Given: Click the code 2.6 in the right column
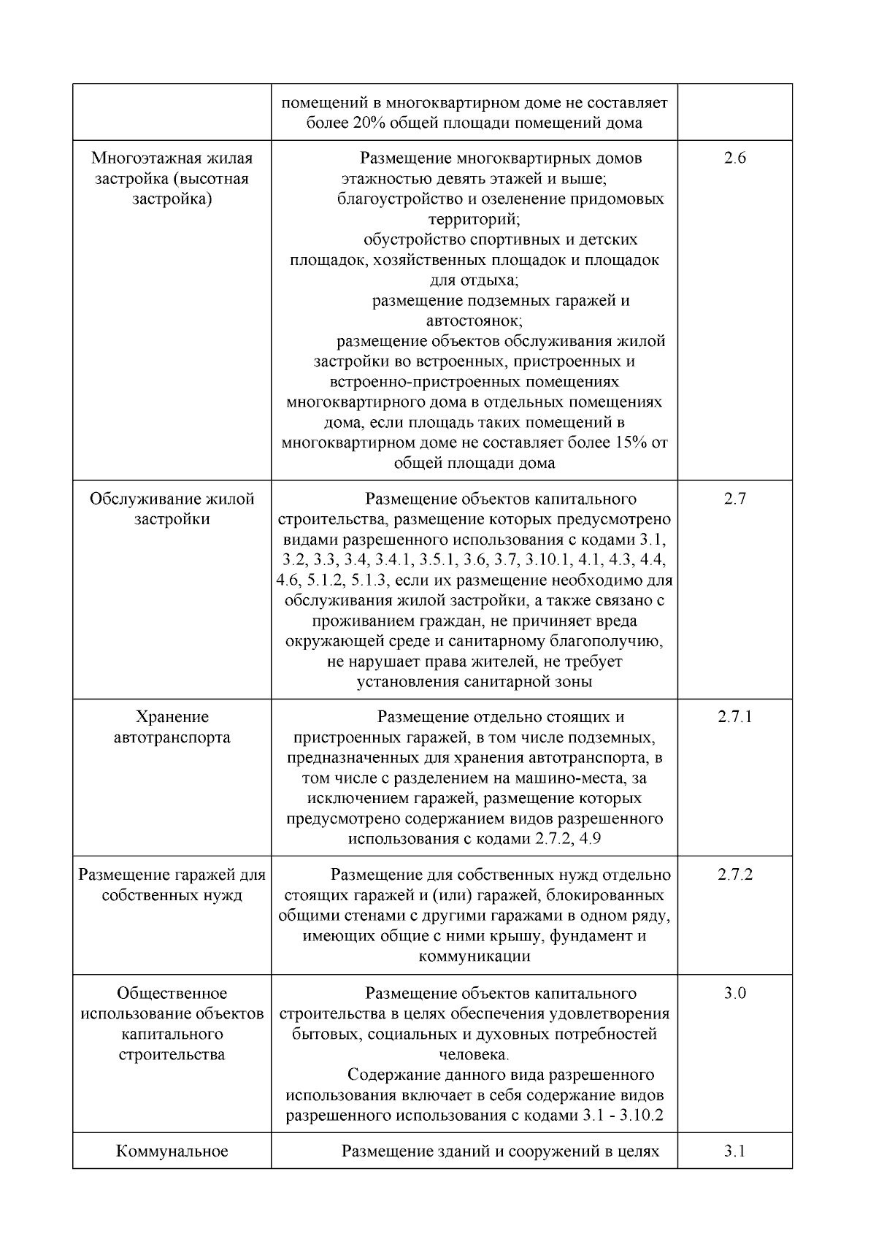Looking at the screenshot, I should (x=734, y=158).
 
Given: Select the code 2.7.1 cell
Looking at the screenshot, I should (x=734, y=716).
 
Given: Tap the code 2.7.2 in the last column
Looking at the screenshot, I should (x=734, y=874).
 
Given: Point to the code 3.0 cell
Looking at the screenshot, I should (x=734, y=993).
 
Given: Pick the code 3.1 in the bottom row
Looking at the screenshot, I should (x=734, y=1151).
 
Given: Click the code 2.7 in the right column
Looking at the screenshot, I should (x=734, y=499).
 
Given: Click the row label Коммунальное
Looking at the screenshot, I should (x=172, y=1151).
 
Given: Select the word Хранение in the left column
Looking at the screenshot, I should (x=172, y=716).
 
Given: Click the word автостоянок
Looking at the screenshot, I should (x=473, y=321).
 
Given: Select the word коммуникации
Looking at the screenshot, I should (x=474, y=956).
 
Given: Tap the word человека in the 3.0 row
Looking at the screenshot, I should (x=472, y=1054).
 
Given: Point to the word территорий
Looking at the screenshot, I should (x=473, y=218).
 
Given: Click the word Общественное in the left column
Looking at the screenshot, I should (x=172, y=993).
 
